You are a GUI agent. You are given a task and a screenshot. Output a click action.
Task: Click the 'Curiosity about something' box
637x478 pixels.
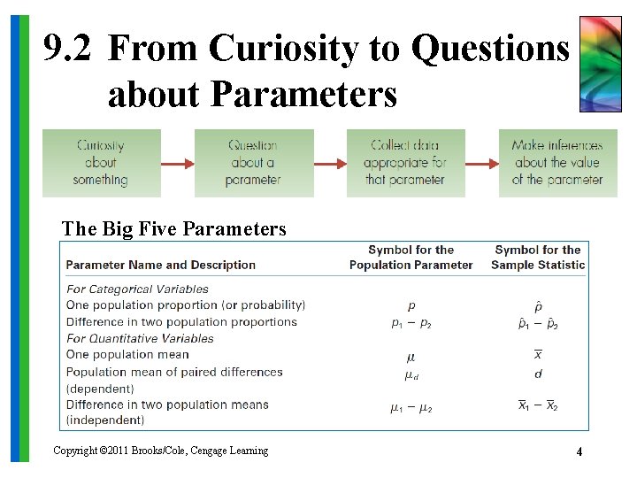[x=101, y=163]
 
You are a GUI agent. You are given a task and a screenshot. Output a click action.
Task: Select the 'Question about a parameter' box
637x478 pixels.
[x=253, y=163]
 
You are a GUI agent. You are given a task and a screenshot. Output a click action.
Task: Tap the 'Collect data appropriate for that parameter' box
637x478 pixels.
[x=405, y=163]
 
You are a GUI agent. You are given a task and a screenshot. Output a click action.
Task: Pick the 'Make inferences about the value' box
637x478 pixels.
[x=557, y=163]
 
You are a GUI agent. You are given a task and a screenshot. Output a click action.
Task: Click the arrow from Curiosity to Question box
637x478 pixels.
[x=177, y=164]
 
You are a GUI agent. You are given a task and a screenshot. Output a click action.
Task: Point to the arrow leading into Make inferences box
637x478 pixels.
[x=481, y=164]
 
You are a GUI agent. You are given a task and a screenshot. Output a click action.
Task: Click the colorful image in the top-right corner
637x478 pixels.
[x=600, y=64]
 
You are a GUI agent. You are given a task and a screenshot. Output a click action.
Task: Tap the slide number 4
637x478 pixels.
[x=579, y=451]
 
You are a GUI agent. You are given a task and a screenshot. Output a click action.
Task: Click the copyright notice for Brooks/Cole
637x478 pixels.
[x=160, y=451]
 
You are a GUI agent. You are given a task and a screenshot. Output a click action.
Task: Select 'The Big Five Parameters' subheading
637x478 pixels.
[x=173, y=229]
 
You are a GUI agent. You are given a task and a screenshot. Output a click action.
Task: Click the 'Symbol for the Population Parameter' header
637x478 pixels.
[x=411, y=258]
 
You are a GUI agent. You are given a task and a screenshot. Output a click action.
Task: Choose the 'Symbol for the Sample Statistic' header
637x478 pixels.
[x=538, y=258]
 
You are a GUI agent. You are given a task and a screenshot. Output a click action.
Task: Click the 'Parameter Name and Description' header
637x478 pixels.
[x=160, y=265]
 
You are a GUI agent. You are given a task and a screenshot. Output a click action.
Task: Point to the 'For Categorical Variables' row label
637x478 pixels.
[x=137, y=289]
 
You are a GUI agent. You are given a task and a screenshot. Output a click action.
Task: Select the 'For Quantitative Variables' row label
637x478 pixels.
[x=140, y=338]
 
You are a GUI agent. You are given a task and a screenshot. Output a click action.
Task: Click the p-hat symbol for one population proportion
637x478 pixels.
[x=538, y=305]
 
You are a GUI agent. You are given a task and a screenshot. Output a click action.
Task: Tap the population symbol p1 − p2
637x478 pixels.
[x=411, y=323]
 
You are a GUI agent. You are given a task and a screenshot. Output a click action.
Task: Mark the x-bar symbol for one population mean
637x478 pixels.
[x=538, y=355]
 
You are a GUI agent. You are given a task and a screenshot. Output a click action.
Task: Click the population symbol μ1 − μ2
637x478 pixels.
[x=411, y=407]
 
